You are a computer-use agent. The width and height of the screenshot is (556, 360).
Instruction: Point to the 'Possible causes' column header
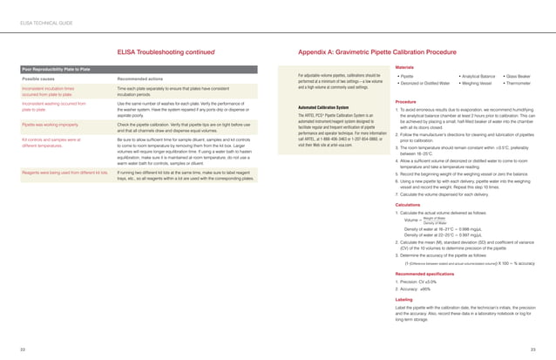click(40, 80)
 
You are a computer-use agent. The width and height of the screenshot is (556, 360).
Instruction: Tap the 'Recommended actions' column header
click(141, 80)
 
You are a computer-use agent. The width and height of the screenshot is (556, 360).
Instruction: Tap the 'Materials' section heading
click(404, 66)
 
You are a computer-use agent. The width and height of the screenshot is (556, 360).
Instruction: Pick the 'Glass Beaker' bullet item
click(522, 76)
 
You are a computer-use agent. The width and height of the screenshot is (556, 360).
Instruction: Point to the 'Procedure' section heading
click(405, 101)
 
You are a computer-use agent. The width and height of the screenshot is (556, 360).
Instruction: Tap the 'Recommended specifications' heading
click(424, 272)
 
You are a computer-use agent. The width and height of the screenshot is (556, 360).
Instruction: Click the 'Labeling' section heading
click(403, 300)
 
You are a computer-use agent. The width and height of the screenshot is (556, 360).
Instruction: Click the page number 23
click(532, 349)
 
